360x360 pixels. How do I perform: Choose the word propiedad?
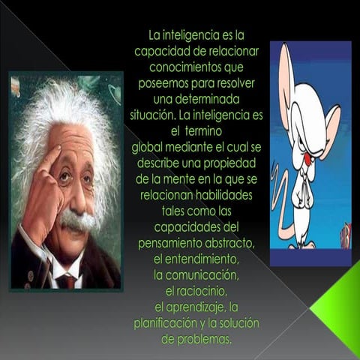(x=229, y=162)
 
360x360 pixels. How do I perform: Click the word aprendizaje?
(x=196, y=307)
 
